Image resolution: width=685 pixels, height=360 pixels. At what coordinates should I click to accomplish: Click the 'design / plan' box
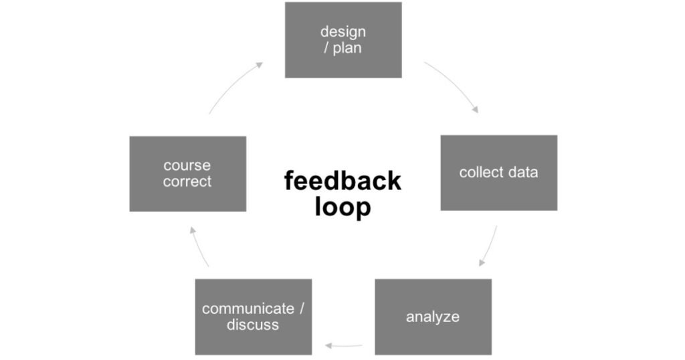(x=343, y=40)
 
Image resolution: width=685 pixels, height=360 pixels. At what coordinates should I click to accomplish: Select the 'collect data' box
(x=498, y=173)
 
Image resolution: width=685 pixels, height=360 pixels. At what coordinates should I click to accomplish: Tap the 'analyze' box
(x=433, y=317)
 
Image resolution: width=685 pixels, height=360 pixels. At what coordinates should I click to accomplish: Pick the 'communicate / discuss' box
(x=253, y=317)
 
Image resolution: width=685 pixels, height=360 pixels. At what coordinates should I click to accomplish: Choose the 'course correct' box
(x=187, y=173)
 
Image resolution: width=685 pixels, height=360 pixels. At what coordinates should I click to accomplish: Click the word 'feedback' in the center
(x=342, y=181)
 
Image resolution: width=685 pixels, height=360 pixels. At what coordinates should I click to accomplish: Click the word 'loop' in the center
(x=342, y=207)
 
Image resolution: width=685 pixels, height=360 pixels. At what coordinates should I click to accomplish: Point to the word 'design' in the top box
(x=343, y=31)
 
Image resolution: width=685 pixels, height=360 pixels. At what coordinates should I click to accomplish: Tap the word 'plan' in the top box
(x=347, y=48)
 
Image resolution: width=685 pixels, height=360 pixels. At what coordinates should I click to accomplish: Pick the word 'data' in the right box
(x=522, y=173)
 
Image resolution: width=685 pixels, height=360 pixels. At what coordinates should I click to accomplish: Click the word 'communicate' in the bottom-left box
(x=248, y=308)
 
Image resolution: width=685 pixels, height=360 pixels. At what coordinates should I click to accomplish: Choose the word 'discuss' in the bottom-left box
(x=253, y=325)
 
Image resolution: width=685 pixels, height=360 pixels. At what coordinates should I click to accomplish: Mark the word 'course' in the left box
(x=187, y=165)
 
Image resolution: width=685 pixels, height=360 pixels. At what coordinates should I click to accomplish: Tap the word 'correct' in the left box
(x=187, y=181)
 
